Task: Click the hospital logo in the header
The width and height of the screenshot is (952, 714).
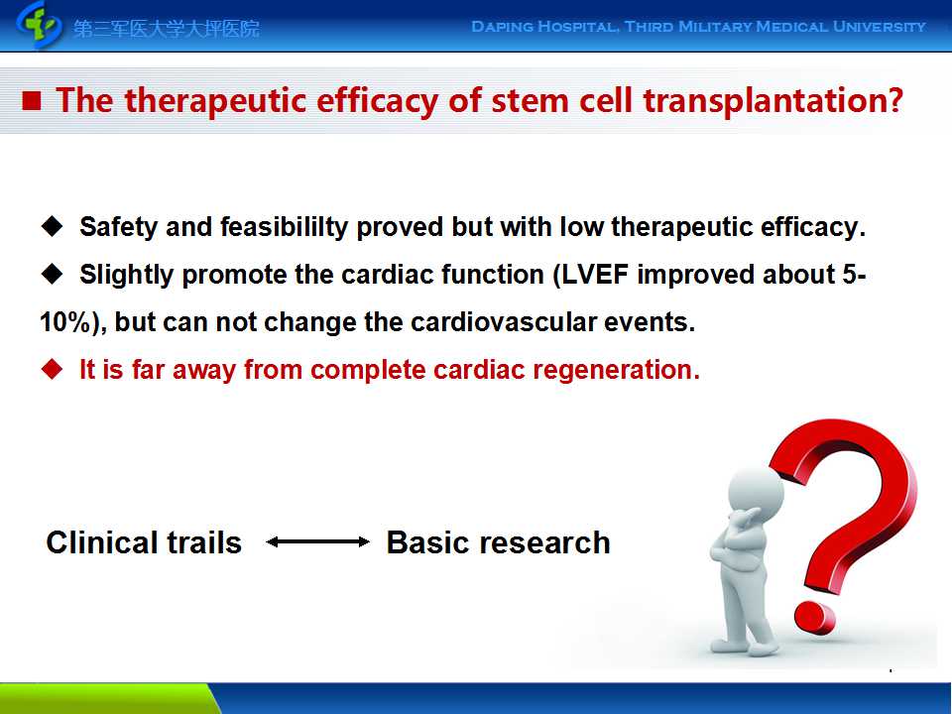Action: (x=40, y=25)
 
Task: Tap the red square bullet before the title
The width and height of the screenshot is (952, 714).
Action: (x=32, y=101)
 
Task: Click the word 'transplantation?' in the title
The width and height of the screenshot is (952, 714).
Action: (x=773, y=101)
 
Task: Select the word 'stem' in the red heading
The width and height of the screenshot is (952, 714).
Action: (x=530, y=101)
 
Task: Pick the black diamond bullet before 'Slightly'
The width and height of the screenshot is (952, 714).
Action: (x=53, y=274)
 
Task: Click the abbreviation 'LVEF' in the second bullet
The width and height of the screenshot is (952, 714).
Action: (x=594, y=275)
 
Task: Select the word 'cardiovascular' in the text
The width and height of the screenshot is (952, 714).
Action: (x=504, y=321)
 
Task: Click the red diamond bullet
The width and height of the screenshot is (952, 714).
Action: (x=53, y=369)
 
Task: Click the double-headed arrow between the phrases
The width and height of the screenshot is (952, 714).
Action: (x=317, y=542)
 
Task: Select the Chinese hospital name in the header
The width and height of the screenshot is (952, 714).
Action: (x=167, y=29)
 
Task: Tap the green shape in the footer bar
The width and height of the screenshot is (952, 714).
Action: (x=109, y=698)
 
